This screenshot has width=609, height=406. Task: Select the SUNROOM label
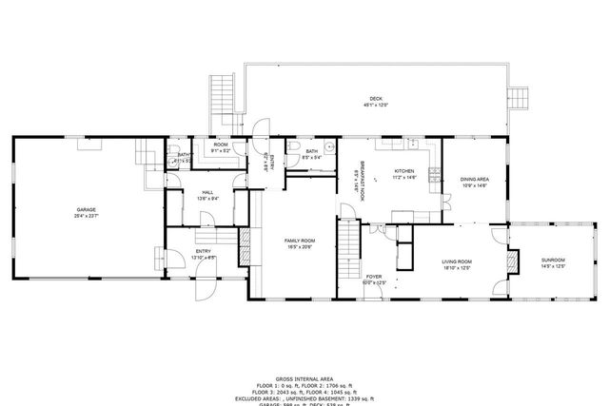coord(553,260)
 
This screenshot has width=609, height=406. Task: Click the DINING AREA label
coord(474,179)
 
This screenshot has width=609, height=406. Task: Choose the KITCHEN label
coord(404,171)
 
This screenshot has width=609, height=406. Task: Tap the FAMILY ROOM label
coord(300,242)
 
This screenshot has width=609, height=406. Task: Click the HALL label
coord(206,192)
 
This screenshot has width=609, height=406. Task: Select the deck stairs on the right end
coord(519,99)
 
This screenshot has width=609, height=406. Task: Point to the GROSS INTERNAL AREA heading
coord(304,377)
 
